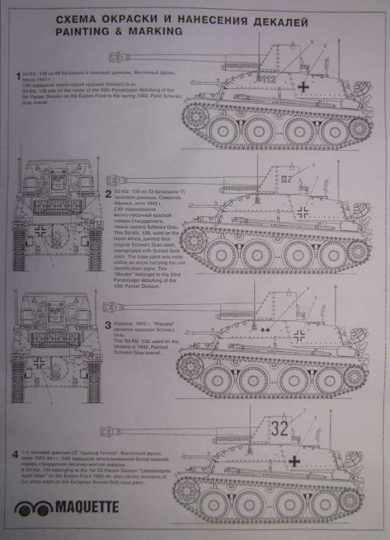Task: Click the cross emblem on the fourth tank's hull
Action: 296,459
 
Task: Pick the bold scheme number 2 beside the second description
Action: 108,195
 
